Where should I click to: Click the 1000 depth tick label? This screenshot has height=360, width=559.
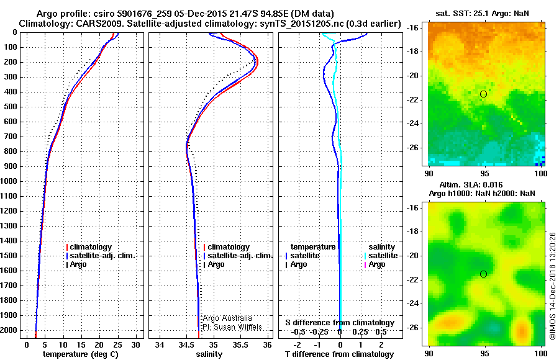point(9,181)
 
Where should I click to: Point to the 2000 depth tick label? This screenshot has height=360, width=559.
point(9,330)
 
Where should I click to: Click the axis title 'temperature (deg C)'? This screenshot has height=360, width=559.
point(81,354)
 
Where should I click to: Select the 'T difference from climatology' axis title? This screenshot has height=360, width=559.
point(339,354)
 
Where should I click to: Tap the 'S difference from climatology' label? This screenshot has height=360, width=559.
point(340,323)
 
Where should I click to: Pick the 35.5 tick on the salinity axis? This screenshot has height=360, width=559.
point(240,345)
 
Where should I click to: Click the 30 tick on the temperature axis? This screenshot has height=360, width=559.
point(136,345)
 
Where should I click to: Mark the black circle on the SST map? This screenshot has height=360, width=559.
point(483,94)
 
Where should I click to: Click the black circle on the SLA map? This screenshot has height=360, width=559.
point(483,274)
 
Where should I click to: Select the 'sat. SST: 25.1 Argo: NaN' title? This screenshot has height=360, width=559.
point(483,14)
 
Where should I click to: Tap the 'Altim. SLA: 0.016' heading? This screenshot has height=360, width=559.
point(471,185)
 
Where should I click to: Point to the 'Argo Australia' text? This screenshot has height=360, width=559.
point(227,318)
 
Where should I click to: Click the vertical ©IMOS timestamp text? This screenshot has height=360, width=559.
point(552,286)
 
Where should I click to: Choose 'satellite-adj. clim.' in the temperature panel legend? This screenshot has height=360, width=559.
point(102,256)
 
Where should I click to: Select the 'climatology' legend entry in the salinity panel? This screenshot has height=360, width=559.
point(229,247)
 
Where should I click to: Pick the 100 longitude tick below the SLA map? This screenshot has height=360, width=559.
point(541,353)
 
